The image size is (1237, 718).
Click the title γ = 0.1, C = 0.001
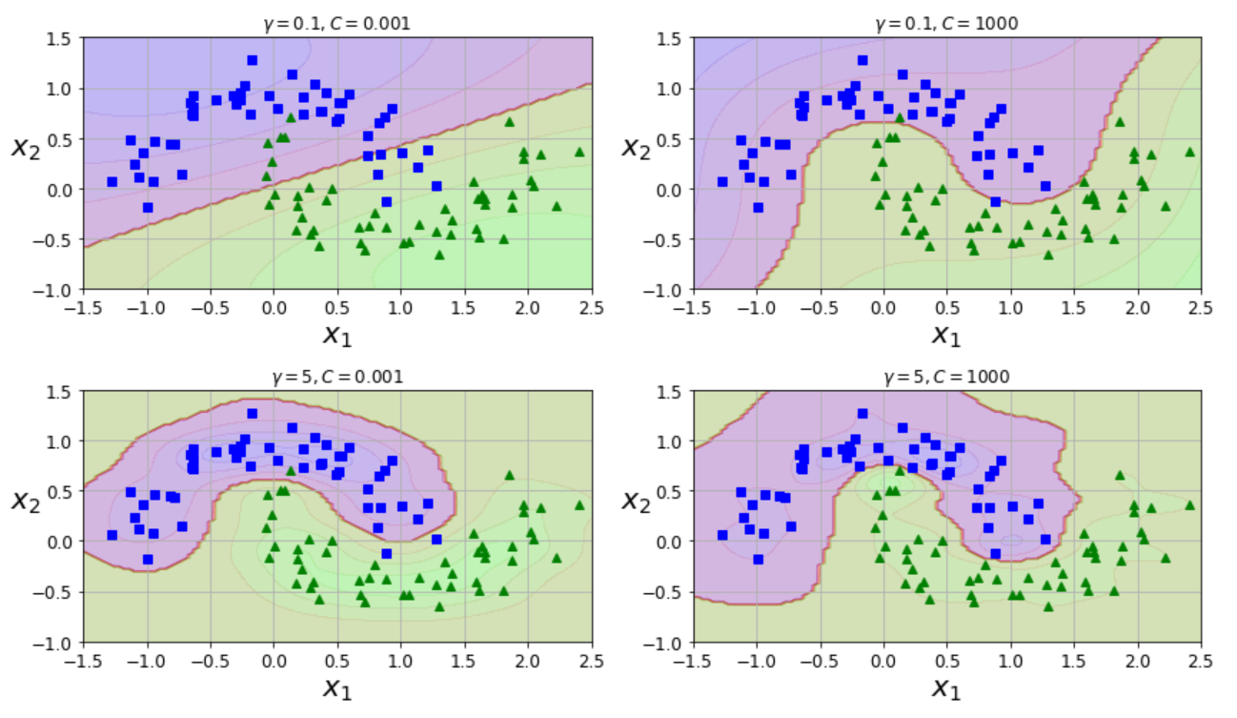pyautogui.click(x=336, y=24)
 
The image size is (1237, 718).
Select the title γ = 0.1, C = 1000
pyautogui.click(x=946, y=24)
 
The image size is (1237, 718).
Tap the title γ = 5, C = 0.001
pyautogui.click(x=336, y=377)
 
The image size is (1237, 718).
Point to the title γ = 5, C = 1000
pyautogui.click(x=946, y=377)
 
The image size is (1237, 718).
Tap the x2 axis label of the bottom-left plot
pyautogui.click(x=28, y=499)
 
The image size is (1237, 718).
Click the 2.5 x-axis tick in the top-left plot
pyautogui.click(x=591, y=307)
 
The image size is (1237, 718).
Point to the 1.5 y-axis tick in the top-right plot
pyautogui.click(x=670, y=38)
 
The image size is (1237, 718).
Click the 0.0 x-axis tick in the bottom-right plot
pyautogui.click(x=883, y=660)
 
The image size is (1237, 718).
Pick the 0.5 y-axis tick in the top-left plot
pyautogui.click(x=60, y=139)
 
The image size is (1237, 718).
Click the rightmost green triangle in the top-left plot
pyautogui.click(x=579, y=152)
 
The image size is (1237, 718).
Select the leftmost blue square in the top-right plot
pyautogui.click(x=722, y=181)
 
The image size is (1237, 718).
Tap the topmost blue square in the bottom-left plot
pyautogui.click(x=252, y=414)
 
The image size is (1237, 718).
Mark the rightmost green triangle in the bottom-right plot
pyautogui.click(x=1189, y=505)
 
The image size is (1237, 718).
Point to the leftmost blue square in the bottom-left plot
pyautogui.click(x=112, y=535)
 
